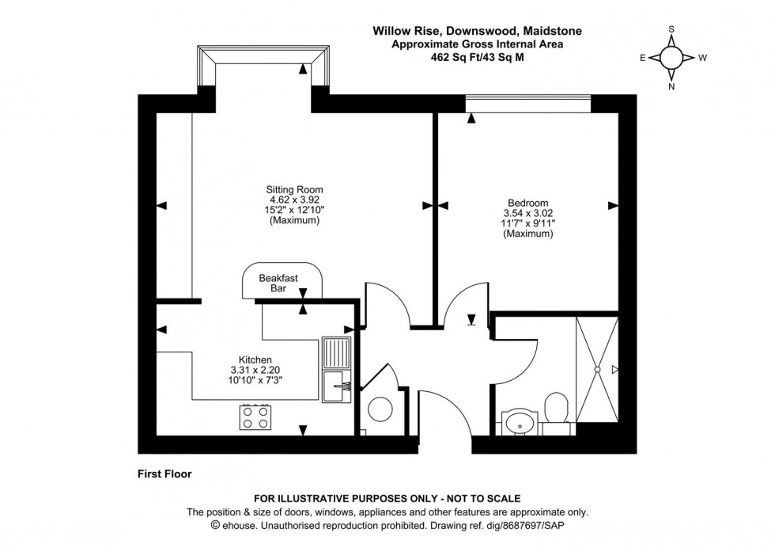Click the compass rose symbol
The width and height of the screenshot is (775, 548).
click(671, 58)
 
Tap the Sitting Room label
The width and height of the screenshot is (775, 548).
click(294, 189)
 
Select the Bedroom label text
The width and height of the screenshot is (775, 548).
click(520, 203)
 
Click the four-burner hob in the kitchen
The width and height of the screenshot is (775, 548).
click(256, 417)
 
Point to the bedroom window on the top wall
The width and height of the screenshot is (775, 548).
click(527, 104)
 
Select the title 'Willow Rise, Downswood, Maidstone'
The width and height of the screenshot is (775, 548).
click(478, 31)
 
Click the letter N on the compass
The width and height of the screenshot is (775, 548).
click(671, 87)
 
